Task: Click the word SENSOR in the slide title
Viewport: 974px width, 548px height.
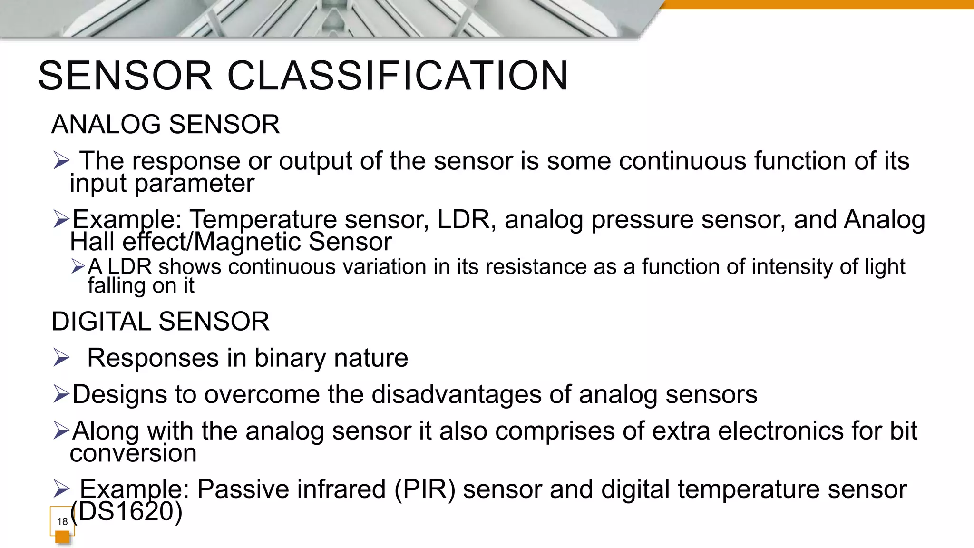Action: click(125, 76)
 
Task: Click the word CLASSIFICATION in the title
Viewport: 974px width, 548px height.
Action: click(398, 76)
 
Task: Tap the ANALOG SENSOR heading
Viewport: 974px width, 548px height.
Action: click(166, 125)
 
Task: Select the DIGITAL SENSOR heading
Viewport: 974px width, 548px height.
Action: click(160, 322)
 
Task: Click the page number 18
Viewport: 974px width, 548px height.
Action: click(62, 521)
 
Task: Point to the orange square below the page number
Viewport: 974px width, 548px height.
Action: click(62, 537)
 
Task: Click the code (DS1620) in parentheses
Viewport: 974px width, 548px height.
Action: click(127, 512)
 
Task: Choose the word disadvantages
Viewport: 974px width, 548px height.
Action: click(457, 395)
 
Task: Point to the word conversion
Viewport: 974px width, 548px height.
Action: click(133, 453)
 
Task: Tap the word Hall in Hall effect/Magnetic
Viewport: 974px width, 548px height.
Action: click(93, 242)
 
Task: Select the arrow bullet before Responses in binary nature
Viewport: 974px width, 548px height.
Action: click(61, 358)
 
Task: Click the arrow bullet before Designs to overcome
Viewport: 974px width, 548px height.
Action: click(61, 394)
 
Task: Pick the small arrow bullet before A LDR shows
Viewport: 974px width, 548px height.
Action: click(78, 266)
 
